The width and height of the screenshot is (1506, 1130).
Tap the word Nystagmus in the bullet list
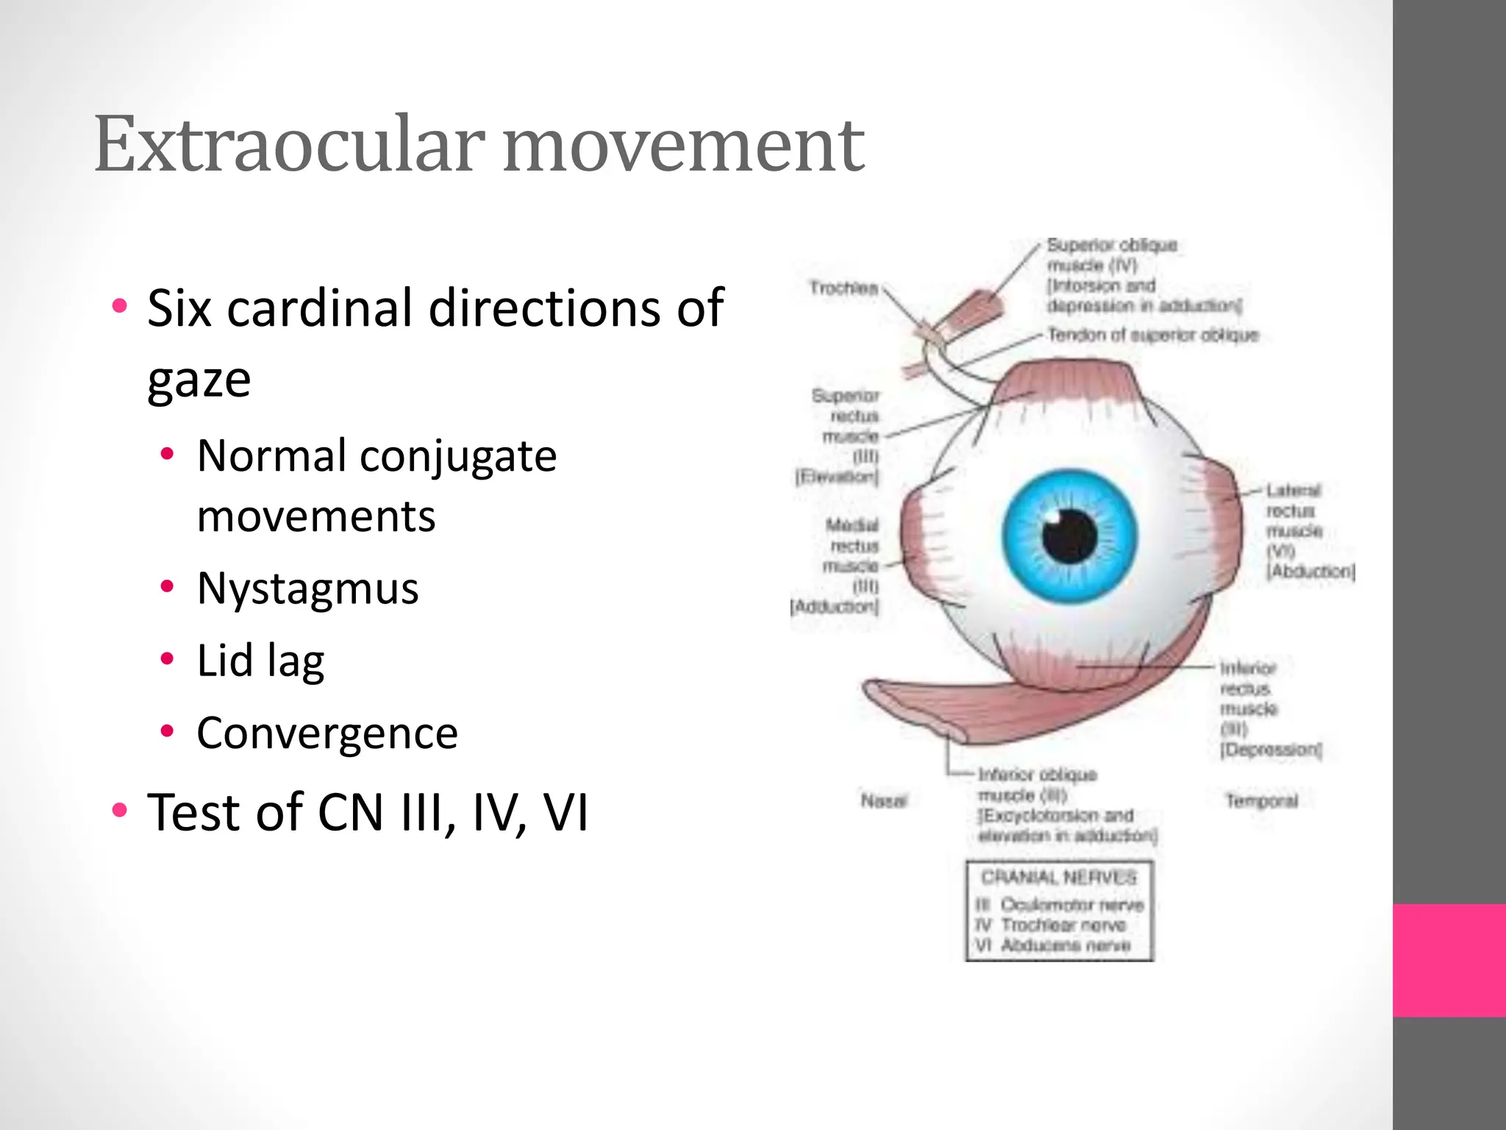[x=307, y=589]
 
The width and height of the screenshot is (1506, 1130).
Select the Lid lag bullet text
[x=260, y=661]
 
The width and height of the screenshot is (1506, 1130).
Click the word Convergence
[x=327, y=733]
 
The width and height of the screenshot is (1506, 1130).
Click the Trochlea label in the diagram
[x=843, y=288]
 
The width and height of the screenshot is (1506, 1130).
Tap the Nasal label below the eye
[x=884, y=800]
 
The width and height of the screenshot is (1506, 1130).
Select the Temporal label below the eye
[x=1261, y=800]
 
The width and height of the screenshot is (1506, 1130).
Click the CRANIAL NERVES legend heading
[x=1059, y=877]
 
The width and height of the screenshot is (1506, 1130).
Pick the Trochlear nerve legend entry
[x=1063, y=925]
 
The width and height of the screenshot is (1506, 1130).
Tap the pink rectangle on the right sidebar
[x=1449, y=960]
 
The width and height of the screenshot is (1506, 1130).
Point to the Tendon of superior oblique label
[x=1152, y=335]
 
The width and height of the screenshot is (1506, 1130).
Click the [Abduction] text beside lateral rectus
[x=1310, y=571]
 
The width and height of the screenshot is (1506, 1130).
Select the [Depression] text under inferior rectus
[x=1271, y=750]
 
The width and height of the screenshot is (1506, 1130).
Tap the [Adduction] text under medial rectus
[x=834, y=607]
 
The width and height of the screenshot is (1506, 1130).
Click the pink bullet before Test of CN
[x=119, y=811]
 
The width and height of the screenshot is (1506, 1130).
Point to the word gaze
[x=199, y=380]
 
